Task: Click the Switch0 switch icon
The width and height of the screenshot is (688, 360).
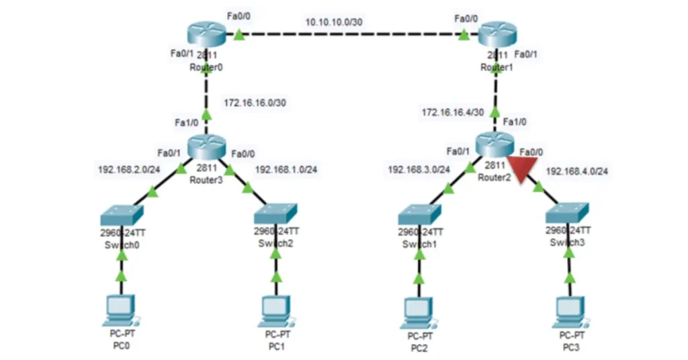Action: (121, 215)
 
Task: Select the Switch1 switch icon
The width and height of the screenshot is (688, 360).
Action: (419, 215)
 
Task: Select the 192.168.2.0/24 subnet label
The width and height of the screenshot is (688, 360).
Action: (128, 169)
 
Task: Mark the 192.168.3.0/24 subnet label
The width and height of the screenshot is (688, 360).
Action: (419, 170)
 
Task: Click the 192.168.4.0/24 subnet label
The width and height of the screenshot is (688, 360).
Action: (577, 171)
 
